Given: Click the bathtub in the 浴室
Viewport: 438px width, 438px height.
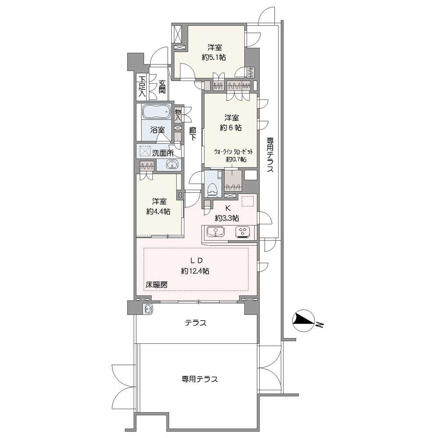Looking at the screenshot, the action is (156, 112).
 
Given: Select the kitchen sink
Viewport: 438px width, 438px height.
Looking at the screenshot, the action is (215, 232).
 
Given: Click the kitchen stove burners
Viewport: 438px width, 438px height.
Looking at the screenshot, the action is (243, 232).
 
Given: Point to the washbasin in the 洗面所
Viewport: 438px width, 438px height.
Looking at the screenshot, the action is (172, 165).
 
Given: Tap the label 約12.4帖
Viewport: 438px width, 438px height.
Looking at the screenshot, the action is (195, 271).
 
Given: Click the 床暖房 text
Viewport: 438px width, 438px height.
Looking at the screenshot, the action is (156, 285).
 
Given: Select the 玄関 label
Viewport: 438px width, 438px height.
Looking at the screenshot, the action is (162, 87).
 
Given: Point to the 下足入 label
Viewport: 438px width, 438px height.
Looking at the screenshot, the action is (142, 87).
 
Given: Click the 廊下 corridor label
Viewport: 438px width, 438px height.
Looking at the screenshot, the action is (192, 134).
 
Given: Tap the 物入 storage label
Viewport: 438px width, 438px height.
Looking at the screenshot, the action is (178, 115).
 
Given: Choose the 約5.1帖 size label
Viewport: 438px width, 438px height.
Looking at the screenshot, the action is (214, 57).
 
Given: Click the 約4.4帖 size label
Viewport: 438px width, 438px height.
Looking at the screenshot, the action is (159, 212).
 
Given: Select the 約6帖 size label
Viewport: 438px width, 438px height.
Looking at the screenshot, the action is (231, 127).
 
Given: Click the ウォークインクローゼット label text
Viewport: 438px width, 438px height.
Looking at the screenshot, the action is (233, 152).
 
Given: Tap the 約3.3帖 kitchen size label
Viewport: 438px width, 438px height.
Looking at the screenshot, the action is (227, 218).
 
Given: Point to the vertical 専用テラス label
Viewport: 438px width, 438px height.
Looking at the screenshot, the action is (270, 155).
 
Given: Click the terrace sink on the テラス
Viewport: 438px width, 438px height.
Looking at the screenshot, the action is (148, 309).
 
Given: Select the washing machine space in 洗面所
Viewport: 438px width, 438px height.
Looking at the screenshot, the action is (145, 152).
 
